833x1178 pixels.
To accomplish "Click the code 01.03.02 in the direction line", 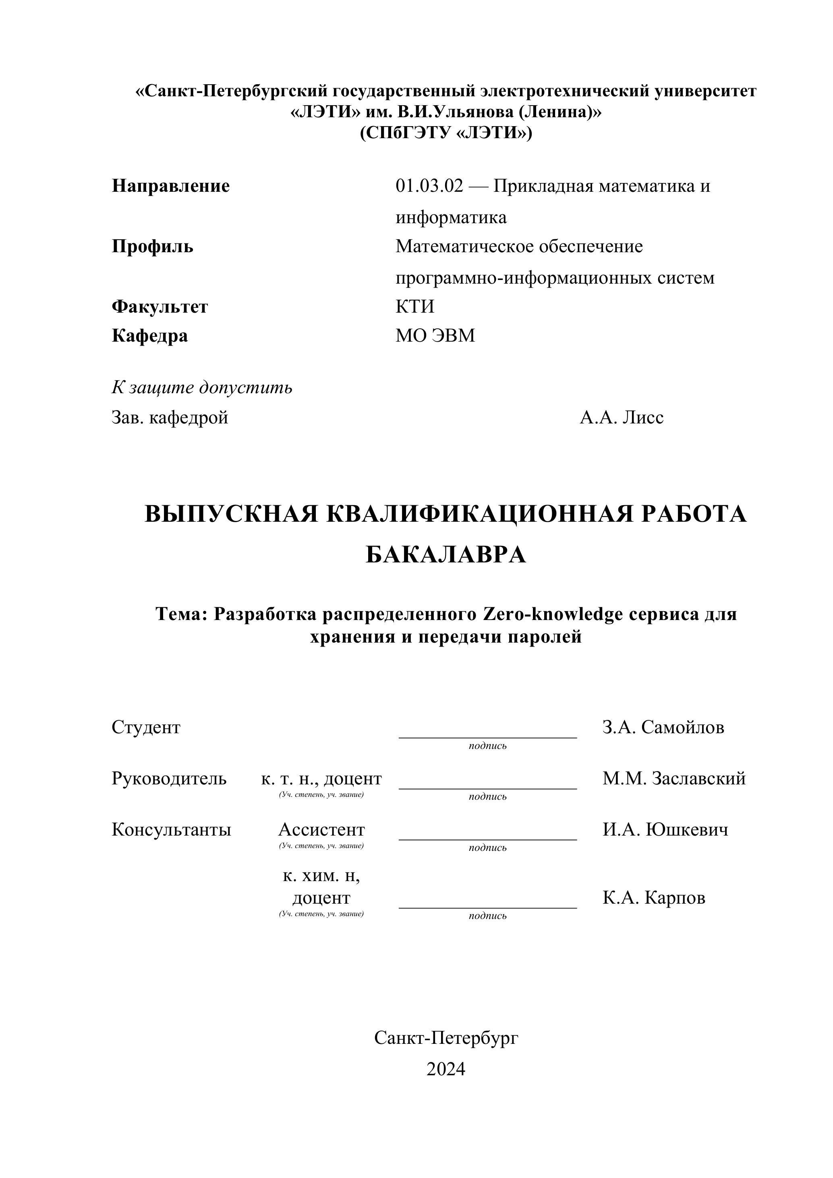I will click(429, 186).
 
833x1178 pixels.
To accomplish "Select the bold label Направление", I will click(171, 186).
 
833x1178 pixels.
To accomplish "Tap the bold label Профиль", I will click(152, 247).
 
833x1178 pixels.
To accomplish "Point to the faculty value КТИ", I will click(414, 307).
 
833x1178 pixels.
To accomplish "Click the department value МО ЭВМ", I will click(435, 336).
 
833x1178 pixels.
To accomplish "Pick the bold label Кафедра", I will click(150, 336).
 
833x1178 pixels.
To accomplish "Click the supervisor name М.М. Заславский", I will click(673, 778).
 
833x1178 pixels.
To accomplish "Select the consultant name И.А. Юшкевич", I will click(665, 829).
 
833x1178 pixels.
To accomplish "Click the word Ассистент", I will click(321, 829).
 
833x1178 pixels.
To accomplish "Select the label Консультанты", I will click(171, 829).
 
